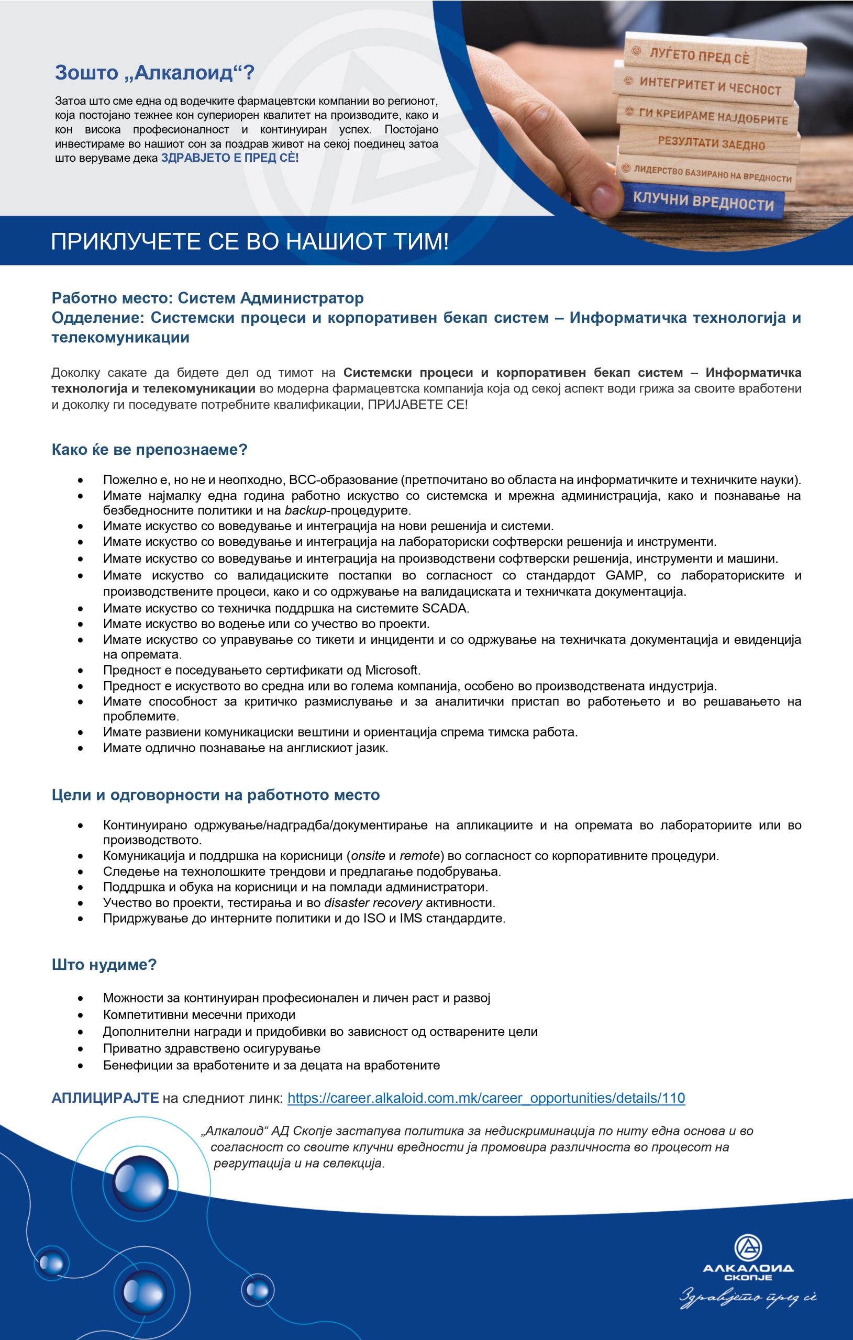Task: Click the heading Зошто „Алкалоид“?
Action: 154,72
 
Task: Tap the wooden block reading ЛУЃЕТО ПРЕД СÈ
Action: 700,55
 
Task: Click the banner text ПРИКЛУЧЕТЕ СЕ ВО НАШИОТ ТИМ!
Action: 249,241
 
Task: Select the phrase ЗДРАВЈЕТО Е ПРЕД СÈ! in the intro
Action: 229,158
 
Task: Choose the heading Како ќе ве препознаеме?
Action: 149,449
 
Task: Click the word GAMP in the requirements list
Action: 624,575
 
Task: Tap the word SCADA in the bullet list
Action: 445,608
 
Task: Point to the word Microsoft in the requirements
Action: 392,669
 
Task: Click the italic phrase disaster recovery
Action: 372,902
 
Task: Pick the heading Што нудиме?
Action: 104,964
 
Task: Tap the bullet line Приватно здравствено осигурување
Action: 212,1048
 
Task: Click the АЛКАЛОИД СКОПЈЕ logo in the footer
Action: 748,1260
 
